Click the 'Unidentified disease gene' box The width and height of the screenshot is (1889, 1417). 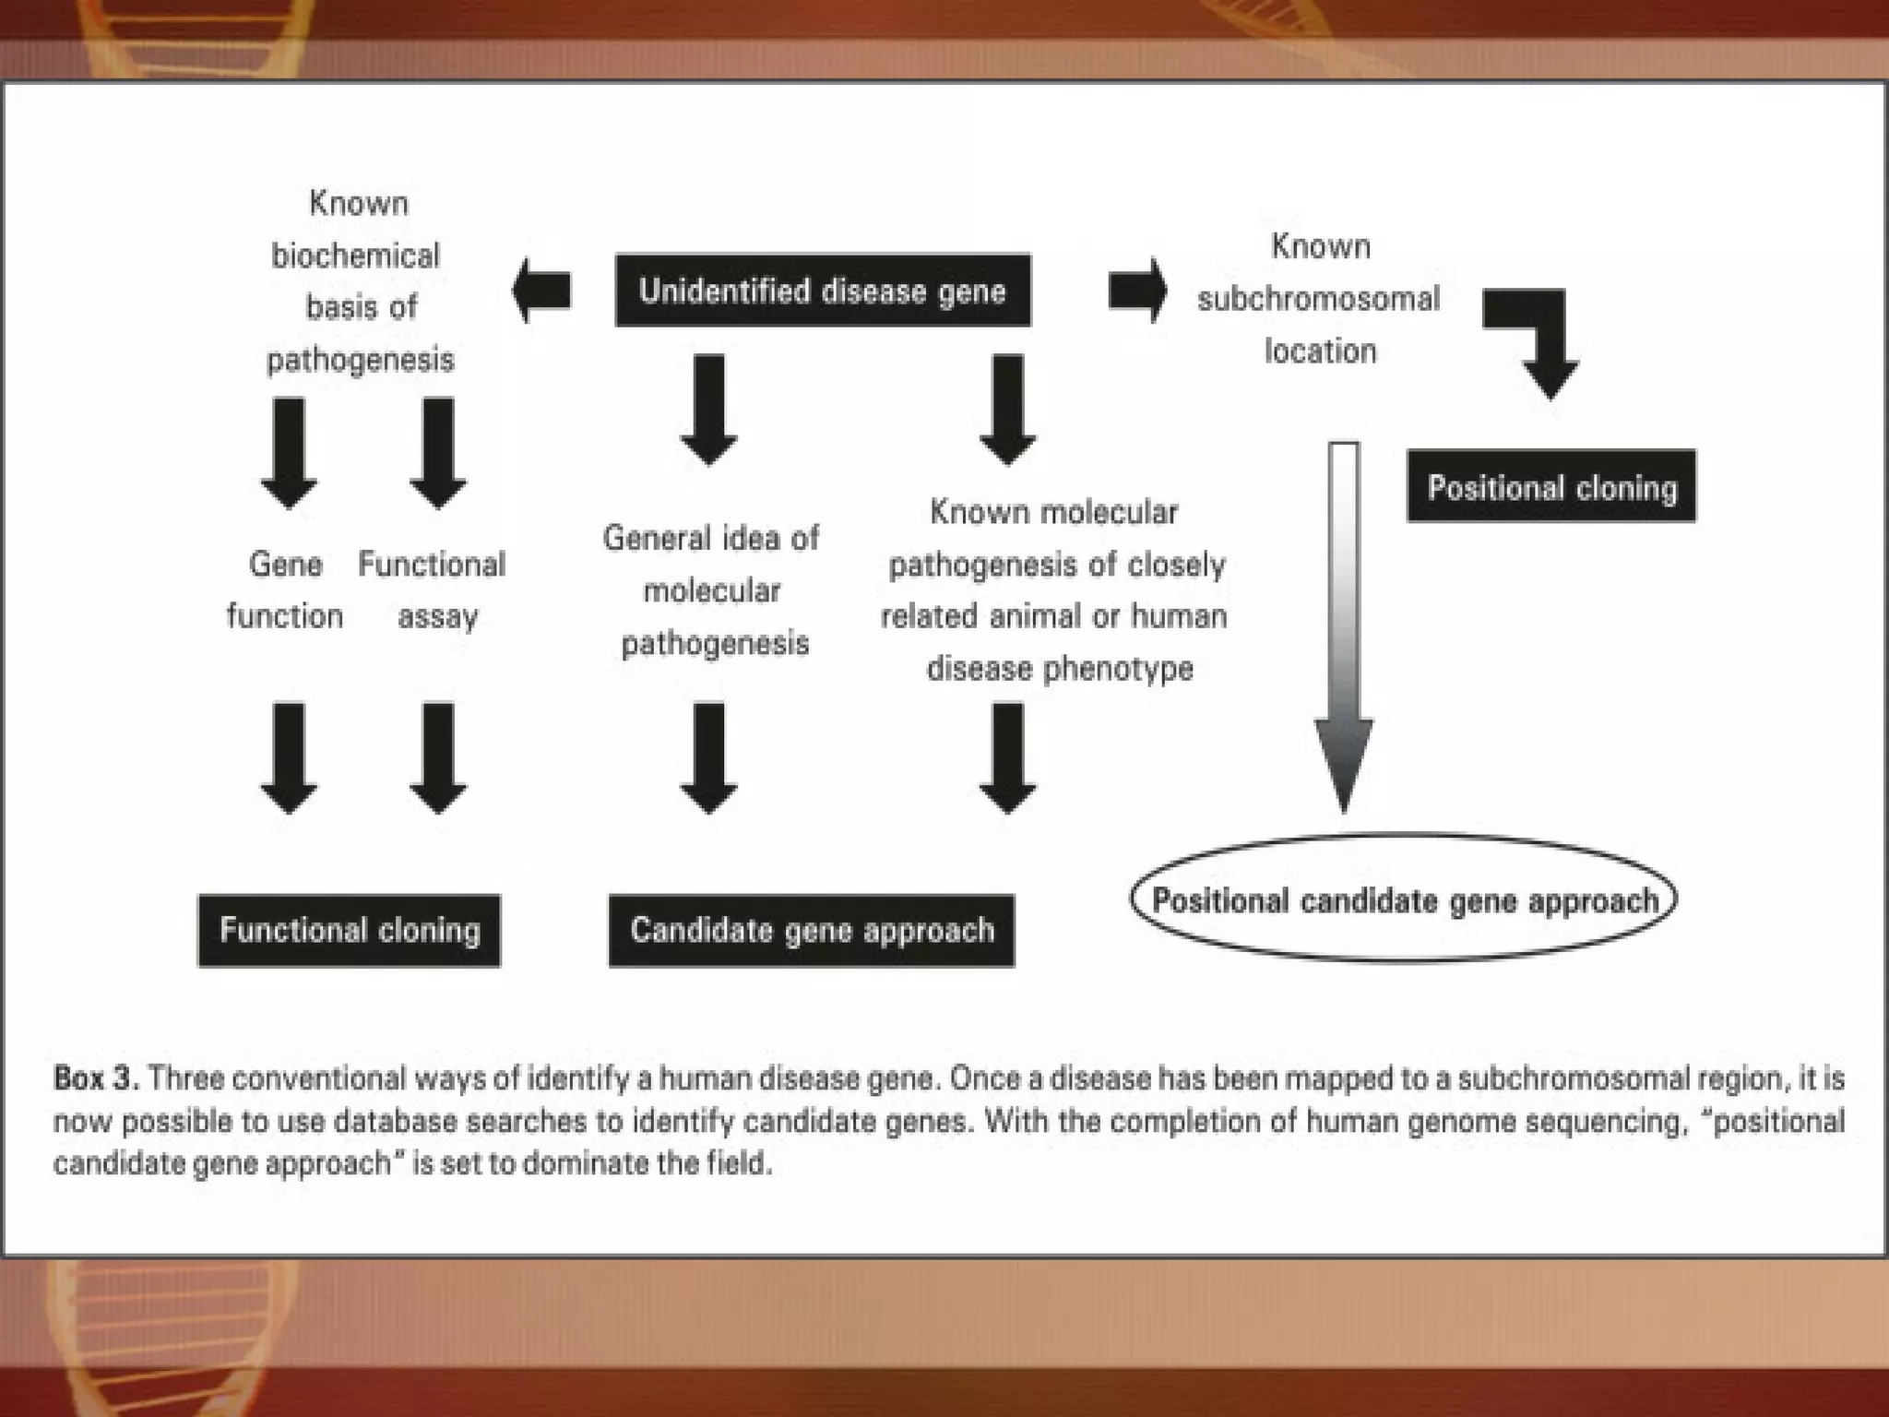(822, 291)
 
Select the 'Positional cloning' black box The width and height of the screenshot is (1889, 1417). (1551, 487)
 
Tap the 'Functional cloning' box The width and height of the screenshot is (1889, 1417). (350, 930)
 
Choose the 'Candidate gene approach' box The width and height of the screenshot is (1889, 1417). (812, 930)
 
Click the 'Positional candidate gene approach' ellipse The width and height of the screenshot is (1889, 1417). (1403, 899)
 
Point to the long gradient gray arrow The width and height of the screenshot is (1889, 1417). (1344, 627)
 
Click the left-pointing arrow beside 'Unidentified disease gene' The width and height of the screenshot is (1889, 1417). (542, 291)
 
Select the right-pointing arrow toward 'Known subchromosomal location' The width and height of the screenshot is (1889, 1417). (1137, 291)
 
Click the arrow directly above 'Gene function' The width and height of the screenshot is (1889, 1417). (289, 452)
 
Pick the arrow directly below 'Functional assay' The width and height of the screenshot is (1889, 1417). (438, 756)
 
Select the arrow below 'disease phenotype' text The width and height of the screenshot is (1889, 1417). (1007, 756)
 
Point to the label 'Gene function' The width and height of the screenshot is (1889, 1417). (285, 589)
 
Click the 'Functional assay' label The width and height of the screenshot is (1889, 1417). (433, 589)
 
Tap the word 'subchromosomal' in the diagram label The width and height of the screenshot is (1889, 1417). (1318, 299)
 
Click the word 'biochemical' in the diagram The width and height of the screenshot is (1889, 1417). (356, 256)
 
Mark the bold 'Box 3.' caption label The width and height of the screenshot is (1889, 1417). (96, 1078)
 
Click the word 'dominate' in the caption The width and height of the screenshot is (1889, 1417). (584, 1163)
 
